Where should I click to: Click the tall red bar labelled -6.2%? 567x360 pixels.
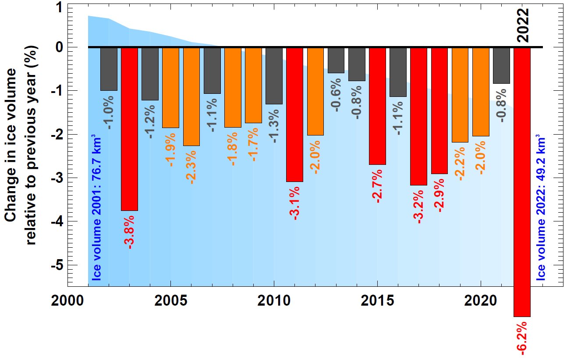(x=522, y=182)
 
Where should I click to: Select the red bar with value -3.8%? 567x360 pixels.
(x=129, y=129)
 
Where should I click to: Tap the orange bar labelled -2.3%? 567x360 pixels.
(x=191, y=96)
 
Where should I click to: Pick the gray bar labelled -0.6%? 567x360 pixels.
(x=336, y=61)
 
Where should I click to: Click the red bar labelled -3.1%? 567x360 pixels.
(x=294, y=114)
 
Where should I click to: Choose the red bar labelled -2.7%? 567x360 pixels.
(x=377, y=106)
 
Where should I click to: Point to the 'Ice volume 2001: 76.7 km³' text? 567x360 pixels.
(x=97, y=209)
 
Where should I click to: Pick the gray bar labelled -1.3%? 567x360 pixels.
(x=274, y=75)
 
